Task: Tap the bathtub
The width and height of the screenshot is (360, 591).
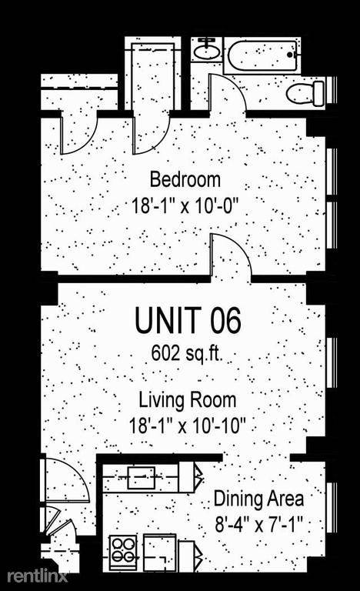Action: click(x=264, y=55)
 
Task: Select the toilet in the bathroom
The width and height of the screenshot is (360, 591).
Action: click(x=305, y=92)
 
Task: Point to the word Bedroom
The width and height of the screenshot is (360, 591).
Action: click(x=185, y=179)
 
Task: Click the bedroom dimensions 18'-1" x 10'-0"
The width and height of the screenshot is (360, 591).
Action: click(x=185, y=206)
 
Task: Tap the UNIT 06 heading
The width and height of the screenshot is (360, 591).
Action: click(x=188, y=320)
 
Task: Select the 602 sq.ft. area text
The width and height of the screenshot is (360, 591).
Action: click(x=187, y=353)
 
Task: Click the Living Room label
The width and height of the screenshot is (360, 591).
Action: click(x=188, y=400)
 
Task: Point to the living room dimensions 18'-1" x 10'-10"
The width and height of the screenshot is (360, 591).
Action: click(x=188, y=426)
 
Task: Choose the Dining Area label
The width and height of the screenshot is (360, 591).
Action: click(x=258, y=499)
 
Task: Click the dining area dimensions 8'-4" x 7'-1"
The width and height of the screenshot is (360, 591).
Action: click(x=259, y=524)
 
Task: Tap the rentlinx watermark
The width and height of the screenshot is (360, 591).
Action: click(x=38, y=576)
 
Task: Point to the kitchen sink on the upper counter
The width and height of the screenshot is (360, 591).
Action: click(x=142, y=478)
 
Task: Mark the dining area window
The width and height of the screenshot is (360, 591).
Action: click(x=332, y=506)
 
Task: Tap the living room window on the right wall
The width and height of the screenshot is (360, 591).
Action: click(x=332, y=362)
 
